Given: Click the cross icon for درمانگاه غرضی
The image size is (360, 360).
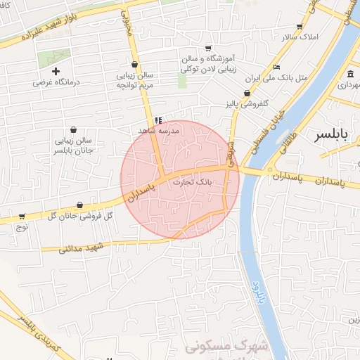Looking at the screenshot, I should tap(56, 71).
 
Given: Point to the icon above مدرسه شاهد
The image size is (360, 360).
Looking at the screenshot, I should tap(159, 120).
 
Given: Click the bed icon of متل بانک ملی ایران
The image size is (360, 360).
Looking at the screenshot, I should tap(276, 67).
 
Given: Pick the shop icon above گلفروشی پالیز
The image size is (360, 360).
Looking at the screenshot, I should tap(247, 94).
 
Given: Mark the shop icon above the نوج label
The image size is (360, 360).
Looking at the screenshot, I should tap(22, 217).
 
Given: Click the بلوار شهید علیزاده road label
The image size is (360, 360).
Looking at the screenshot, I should tap(42, 27).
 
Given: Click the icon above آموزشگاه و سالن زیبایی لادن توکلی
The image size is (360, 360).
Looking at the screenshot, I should tap(208, 48).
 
